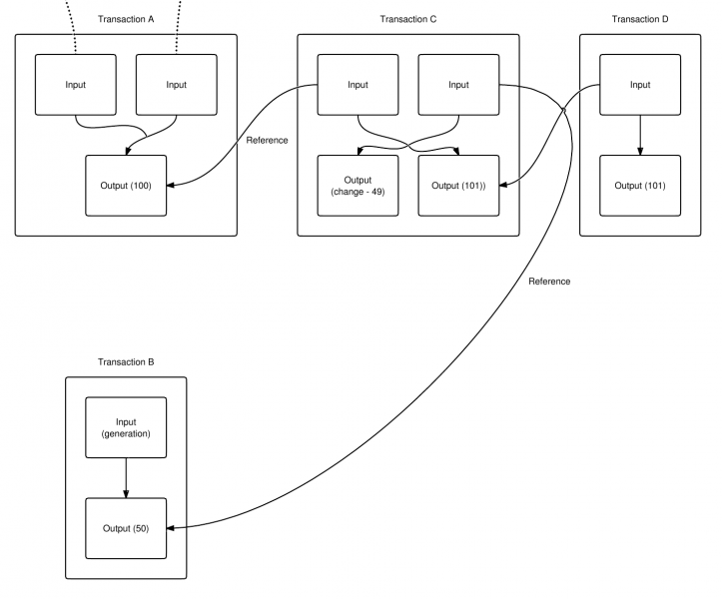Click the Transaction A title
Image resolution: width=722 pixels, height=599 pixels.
[126, 19]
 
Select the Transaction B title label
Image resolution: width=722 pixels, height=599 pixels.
[126, 361]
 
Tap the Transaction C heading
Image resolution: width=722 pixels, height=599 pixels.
[408, 19]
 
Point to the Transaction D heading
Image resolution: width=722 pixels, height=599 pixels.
[640, 19]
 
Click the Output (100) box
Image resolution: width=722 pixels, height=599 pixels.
[126, 186]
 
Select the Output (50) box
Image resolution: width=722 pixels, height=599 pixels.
[126, 528]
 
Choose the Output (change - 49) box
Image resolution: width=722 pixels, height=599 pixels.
[358, 186]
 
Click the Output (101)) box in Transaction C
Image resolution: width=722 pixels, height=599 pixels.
[458, 186]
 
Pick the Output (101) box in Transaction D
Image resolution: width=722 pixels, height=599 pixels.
[640, 186]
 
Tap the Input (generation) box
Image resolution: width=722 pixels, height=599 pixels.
[126, 427]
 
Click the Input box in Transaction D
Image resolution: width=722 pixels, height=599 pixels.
[640, 85]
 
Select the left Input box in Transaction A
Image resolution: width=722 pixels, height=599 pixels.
[76, 85]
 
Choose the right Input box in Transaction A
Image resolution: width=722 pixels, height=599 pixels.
[177, 85]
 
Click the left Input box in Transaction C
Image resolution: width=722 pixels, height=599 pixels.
[358, 85]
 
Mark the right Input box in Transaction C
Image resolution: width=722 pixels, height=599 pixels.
[458, 85]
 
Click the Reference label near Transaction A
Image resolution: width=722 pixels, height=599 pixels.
[267, 141]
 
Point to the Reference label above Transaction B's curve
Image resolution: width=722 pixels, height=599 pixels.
[549, 282]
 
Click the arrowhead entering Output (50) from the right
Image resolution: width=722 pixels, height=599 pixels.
[171, 528]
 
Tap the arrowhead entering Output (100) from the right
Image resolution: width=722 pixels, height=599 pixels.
[171, 186]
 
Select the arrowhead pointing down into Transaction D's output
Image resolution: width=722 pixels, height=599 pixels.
[640, 151]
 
